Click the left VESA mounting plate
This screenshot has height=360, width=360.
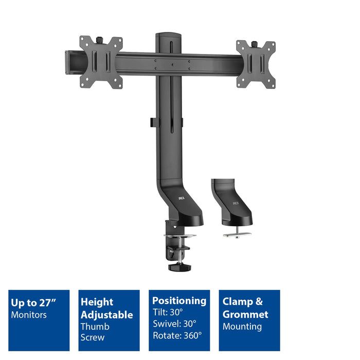click(101, 62)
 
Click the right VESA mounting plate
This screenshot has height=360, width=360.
click(256, 64)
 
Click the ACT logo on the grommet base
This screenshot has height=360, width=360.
click(236, 203)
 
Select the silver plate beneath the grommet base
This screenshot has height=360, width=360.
click(237, 235)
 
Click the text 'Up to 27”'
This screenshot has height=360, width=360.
click(33, 303)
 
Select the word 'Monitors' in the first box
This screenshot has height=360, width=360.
click(29, 315)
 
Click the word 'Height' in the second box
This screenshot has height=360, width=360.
click(97, 302)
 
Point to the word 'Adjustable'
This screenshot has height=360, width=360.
click(106, 315)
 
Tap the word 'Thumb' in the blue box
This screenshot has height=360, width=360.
click(95, 327)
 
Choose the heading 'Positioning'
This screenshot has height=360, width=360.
click(179, 301)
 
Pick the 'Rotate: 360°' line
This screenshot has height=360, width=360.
click(177, 335)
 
